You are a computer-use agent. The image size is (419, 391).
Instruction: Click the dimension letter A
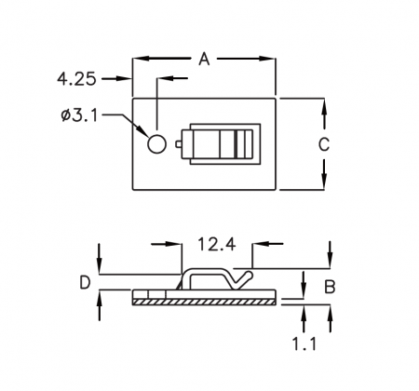point(204,59)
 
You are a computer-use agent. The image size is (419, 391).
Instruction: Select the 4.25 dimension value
point(76,79)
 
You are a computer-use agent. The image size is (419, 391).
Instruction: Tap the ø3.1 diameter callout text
point(79,115)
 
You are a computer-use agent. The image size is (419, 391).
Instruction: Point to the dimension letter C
point(324,144)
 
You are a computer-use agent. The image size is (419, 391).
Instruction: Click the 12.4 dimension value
point(217,244)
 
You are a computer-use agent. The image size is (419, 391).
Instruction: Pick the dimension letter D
point(85,283)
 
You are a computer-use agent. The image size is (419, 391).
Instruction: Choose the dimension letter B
point(330,287)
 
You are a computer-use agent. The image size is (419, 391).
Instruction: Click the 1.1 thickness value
point(304,344)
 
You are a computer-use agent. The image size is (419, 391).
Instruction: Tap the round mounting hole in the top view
point(156,144)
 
